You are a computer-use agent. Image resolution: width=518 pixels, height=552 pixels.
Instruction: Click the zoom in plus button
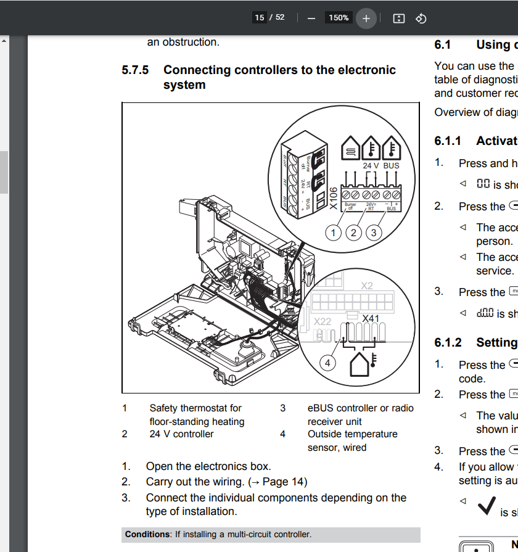366,18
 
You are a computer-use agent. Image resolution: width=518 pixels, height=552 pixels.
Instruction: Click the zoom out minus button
311,18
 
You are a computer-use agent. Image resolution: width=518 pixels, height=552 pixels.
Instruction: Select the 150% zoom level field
338,18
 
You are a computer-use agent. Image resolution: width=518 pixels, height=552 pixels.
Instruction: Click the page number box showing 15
260,17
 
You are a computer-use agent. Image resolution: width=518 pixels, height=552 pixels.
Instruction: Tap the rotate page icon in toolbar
421,18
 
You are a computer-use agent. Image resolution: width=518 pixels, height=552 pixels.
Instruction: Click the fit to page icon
399,18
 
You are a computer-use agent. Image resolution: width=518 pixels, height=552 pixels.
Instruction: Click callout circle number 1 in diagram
334,233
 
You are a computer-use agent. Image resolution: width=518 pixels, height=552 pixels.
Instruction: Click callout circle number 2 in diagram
353,233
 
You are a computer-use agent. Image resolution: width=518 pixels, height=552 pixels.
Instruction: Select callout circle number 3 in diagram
373,233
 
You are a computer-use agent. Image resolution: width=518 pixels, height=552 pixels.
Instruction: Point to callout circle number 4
327,363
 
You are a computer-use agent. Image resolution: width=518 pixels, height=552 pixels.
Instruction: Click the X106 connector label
334,199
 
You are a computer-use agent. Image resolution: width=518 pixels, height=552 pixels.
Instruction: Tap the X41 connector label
371,319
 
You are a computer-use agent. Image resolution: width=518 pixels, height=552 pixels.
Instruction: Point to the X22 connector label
323,322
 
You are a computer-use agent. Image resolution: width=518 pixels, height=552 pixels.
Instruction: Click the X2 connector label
367,286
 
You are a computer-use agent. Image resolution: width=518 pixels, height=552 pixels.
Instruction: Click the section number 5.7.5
135,70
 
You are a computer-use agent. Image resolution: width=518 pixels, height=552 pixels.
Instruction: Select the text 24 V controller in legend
181,434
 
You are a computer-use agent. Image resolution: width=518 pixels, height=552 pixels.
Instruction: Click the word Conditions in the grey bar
147,534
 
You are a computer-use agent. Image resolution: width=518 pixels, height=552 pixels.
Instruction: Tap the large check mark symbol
486,505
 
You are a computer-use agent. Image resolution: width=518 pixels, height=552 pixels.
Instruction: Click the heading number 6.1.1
447,141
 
